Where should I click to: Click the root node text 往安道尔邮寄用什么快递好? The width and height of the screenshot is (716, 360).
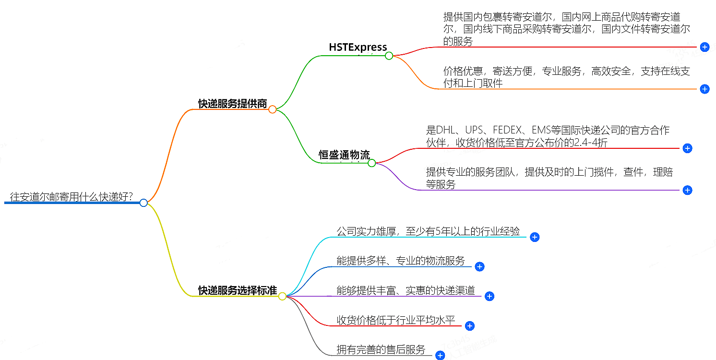point(72,197)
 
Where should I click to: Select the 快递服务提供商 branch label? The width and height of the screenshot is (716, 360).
point(232,103)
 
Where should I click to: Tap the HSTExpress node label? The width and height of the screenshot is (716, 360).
point(358,47)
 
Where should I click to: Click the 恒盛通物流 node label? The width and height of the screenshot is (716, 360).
point(344,155)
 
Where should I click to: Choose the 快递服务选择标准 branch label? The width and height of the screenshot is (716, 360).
point(237,290)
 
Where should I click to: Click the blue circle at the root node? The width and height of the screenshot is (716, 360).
point(143,203)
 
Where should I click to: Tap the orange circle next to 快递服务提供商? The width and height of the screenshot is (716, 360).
point(272,109)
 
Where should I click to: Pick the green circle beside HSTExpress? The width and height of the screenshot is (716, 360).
point(389,56)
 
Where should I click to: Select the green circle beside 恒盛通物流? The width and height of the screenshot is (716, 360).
point(371,163)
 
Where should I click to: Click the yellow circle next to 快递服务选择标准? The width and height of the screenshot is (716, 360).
point(282,296)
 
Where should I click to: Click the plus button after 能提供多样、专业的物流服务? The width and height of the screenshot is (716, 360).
point(479,267)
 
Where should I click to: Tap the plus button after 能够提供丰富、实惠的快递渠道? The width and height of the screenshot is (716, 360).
point(489,296)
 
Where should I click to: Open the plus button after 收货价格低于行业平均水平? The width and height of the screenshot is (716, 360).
point(469,326)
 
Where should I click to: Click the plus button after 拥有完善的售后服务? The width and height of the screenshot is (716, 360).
point(440,355)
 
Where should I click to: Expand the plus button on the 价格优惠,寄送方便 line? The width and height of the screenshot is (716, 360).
point(704,89)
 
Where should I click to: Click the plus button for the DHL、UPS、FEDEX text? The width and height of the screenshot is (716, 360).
point(687,148)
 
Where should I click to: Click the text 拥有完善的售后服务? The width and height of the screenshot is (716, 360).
point(381,350)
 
